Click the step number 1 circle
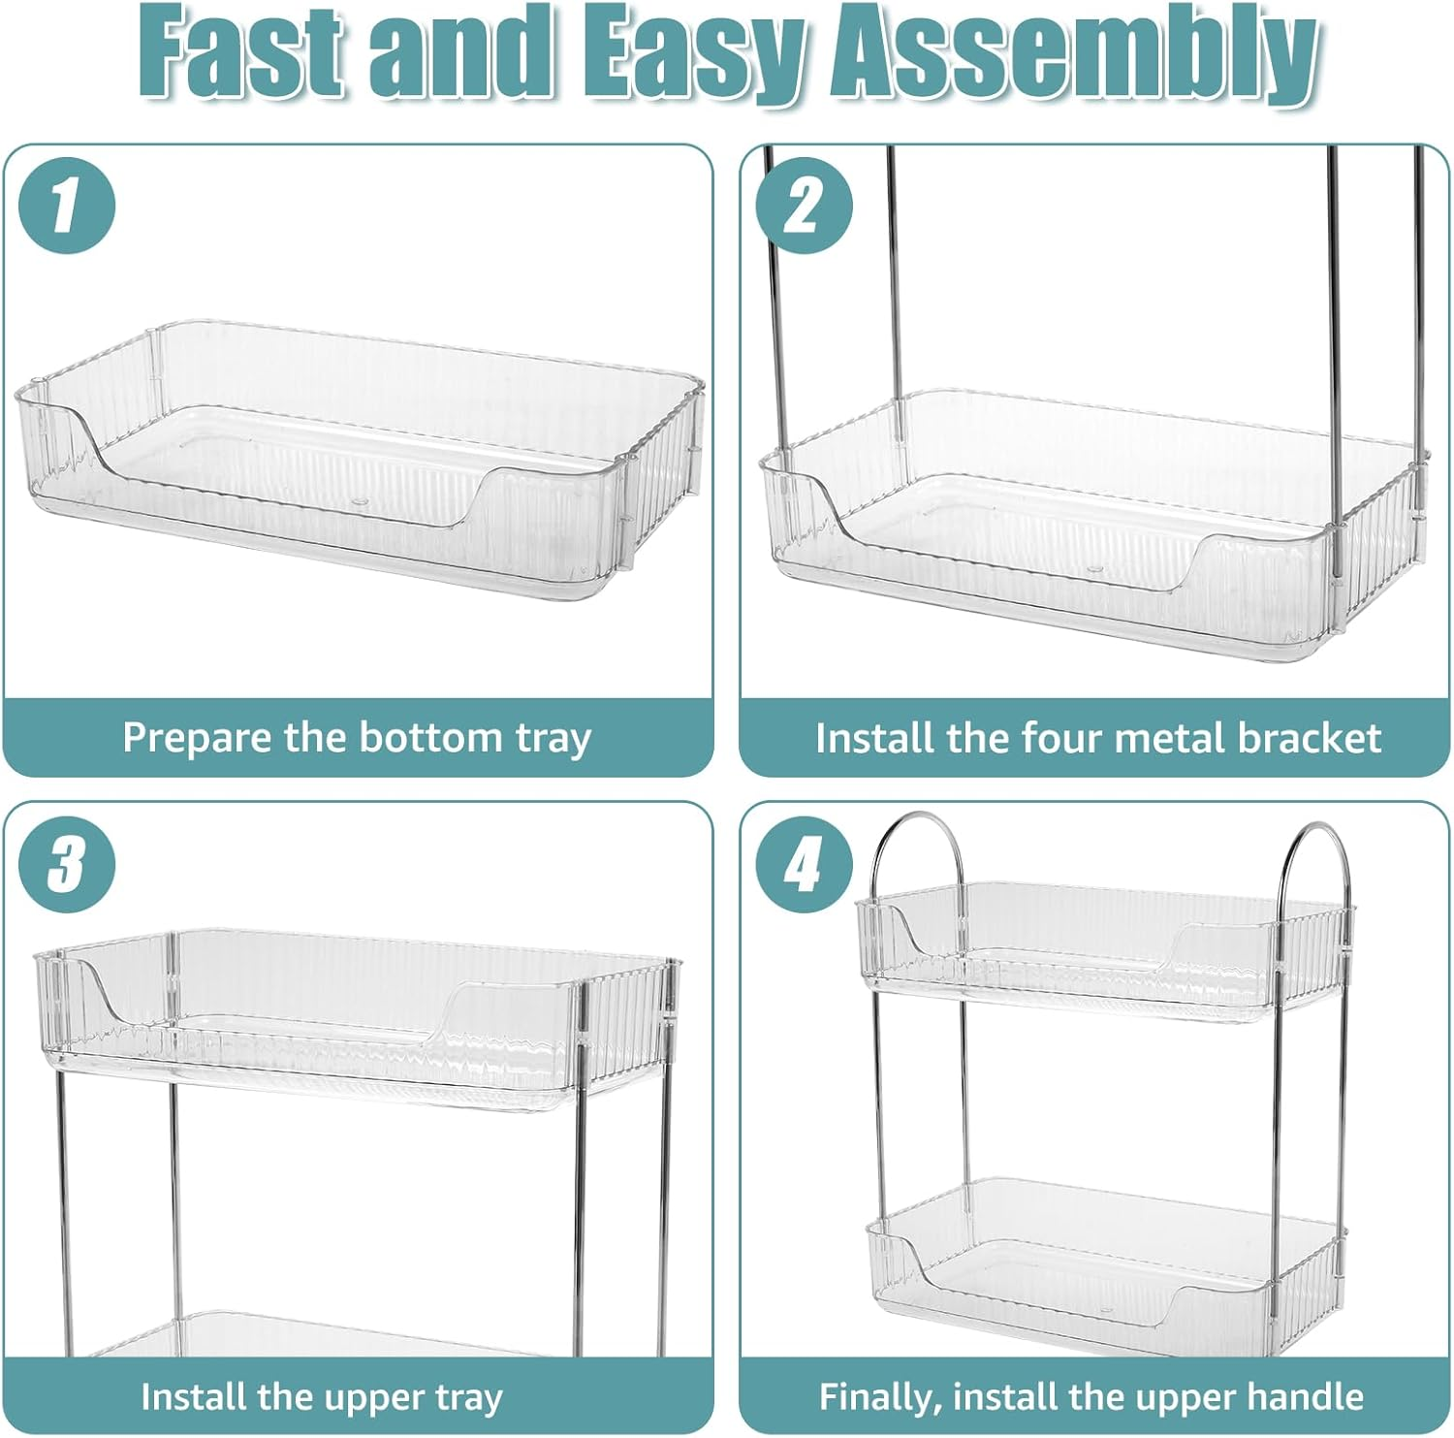(x=67, y=206)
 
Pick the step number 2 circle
(x=804, y=206)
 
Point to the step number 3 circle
(x=67, y=864)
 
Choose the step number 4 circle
(x=804, y=864)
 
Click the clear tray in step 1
(x=359, y=461)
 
